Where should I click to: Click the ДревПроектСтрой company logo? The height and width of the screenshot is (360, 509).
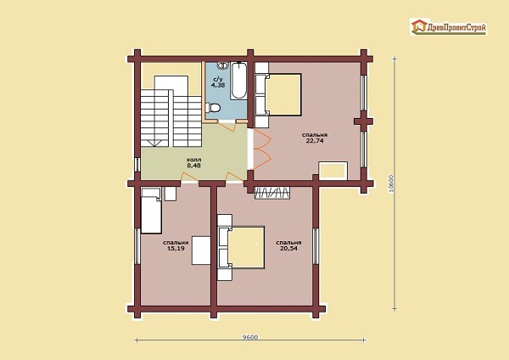448,27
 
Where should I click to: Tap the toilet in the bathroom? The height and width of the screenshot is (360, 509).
213,107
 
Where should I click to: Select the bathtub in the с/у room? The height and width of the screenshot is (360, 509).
238,81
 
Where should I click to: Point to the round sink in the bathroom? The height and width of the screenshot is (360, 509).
222,65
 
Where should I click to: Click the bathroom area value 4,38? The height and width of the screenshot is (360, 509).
218,85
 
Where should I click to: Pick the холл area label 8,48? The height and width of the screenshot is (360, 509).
193,166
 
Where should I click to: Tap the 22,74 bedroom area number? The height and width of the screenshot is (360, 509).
315,141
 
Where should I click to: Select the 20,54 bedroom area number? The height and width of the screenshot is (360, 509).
288,249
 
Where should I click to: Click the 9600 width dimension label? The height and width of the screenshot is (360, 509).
250,337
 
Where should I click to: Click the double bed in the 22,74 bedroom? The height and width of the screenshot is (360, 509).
278,94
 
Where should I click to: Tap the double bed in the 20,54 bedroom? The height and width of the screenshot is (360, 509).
241,248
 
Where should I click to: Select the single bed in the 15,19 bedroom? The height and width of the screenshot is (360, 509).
151,211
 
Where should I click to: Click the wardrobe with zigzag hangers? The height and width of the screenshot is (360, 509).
272,193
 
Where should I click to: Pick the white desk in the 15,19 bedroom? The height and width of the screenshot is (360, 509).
201,250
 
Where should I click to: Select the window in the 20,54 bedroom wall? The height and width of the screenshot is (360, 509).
316,246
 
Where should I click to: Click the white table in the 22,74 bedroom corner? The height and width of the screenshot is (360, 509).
333,171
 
